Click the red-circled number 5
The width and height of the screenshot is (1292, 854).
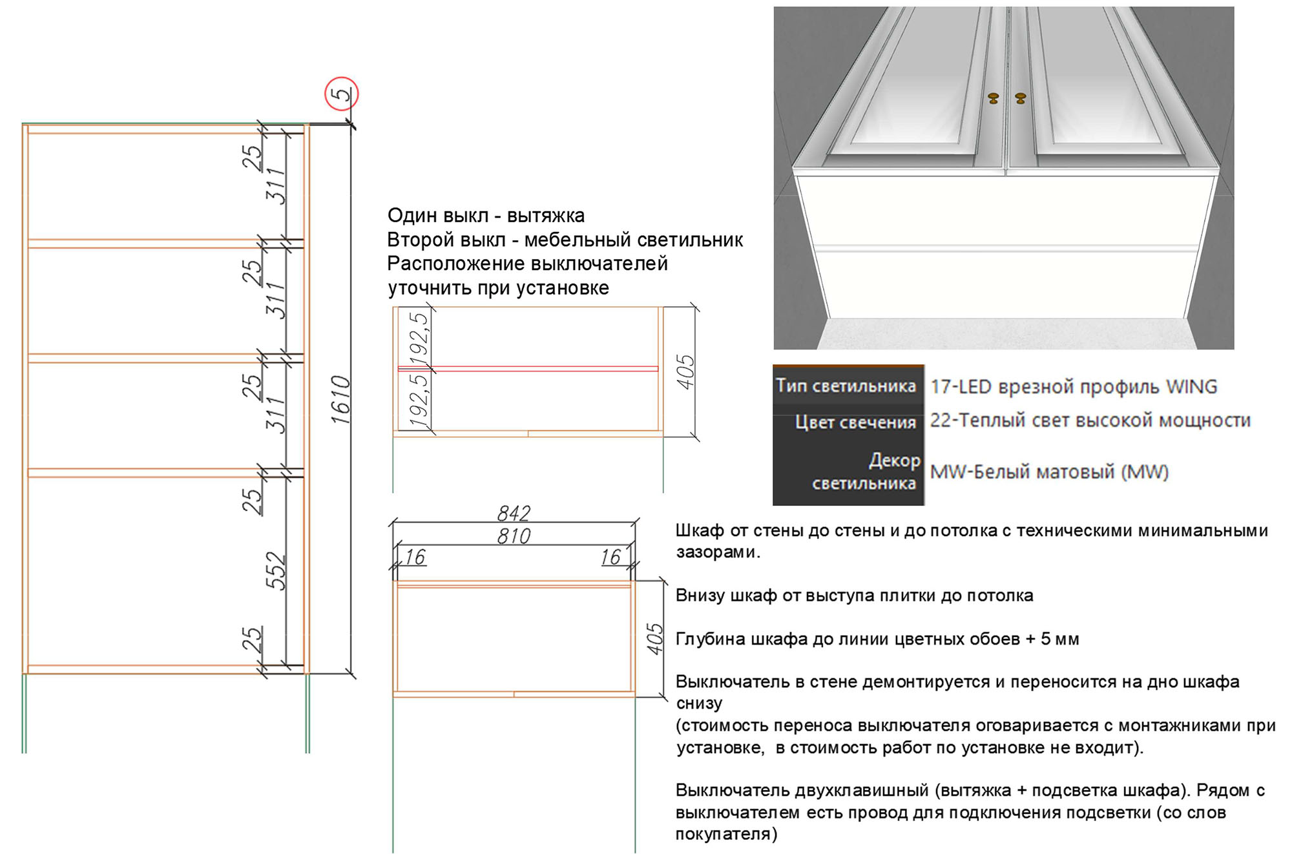[x=341, y=94]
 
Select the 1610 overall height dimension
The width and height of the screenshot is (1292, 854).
[x=340, y=400]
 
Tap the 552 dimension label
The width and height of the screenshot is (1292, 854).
[x=276, y=570]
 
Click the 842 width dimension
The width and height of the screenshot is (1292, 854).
[x=514, y=513]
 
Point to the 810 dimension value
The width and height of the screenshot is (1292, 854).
[x=514, y=536]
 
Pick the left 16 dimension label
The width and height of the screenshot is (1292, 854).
[x=415, y=557]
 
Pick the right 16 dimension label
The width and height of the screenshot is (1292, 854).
[x=610, y=557]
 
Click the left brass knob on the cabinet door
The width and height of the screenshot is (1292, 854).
[x=994, y=98]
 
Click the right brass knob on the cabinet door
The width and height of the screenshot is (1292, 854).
[x=1021, y=98]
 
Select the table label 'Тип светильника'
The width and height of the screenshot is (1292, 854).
[x=846, y=386]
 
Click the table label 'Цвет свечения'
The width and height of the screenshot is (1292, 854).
[x=855, y=422]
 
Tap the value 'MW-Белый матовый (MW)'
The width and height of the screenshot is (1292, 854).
[x=1049, y=472]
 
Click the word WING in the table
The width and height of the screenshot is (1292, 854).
[x=1191, y=386]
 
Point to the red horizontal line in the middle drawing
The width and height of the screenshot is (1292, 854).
[x=528, y=369]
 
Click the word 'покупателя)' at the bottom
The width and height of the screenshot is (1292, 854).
[x=726, y=834]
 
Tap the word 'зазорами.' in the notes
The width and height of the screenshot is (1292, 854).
[x=718, y=552]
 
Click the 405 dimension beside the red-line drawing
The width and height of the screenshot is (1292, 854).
[x=685, y=371]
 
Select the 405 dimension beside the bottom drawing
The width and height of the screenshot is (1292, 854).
[x=654, y=639]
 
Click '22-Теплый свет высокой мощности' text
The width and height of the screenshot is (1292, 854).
[x=1090, y=421]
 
